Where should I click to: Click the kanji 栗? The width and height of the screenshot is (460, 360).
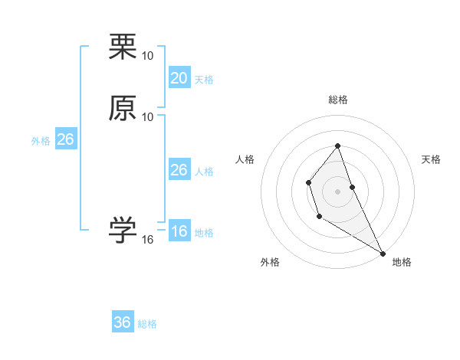pyautogui.click(x=123, y=47)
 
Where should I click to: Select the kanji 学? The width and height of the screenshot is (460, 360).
pyautogui.click(x=123, y=230)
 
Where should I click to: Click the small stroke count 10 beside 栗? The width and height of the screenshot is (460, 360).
pyautogui.click(x=148, y=56)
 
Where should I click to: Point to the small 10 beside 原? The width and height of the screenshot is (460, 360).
pyautogui.click(x=148, y=116)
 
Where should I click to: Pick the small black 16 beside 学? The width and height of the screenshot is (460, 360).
pyautogui.click(x=148, y=240)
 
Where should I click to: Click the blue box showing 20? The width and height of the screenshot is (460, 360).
pyautogui.click(x=179, y=77)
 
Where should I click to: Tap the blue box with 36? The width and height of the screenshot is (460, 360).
pyautogui.click(x=123, y=322)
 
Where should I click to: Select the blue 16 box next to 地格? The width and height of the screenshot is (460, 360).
pyautogui.click(x=179, y=231)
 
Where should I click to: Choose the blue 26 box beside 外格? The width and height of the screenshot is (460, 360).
pyautogui.click(x=65, y=139)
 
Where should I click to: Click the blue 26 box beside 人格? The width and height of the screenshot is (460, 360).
pyautogui.click(x=179, y=170)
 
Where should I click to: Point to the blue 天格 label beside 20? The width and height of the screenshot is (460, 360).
pyautogui.click(x=204, y=80)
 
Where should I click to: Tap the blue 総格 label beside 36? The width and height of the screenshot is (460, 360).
pyautogui.click(x=147, y=325)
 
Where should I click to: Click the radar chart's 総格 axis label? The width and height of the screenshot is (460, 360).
pyautogui.click(x=338, y=100)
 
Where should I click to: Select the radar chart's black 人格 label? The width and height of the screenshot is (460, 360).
pyautogui.click(x=245, y=159)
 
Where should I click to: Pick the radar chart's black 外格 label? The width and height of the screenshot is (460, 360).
pyautogui.click(x=270, y=262)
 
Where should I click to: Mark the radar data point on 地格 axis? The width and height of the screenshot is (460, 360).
pyautogui.click(x=383, y=253)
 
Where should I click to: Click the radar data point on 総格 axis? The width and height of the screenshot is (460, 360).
pyautogui.click(x=338, y=146)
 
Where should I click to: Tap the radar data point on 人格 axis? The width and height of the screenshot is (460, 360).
pyautogui.click(x=308, y=182)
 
